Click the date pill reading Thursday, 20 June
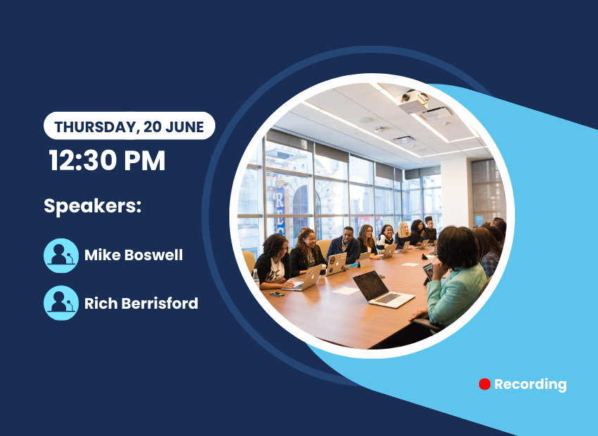[x=129, y=126]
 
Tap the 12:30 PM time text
[x=107, y=160]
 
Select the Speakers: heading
[x=93, y=206]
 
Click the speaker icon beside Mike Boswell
[x=61, y=255]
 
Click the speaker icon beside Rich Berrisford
[x=61, y=303]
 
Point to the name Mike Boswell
[x=134, y=255]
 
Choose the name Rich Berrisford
[x=141, y=303]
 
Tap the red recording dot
[x=484, y=384]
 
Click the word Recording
[x=530, y=385]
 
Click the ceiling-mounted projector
[x=412, y=101]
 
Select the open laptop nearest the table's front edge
[x=383, y=289]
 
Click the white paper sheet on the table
[x=345, y=290]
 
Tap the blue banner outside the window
[x=280, y=209]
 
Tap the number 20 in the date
[x=153, y=127]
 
